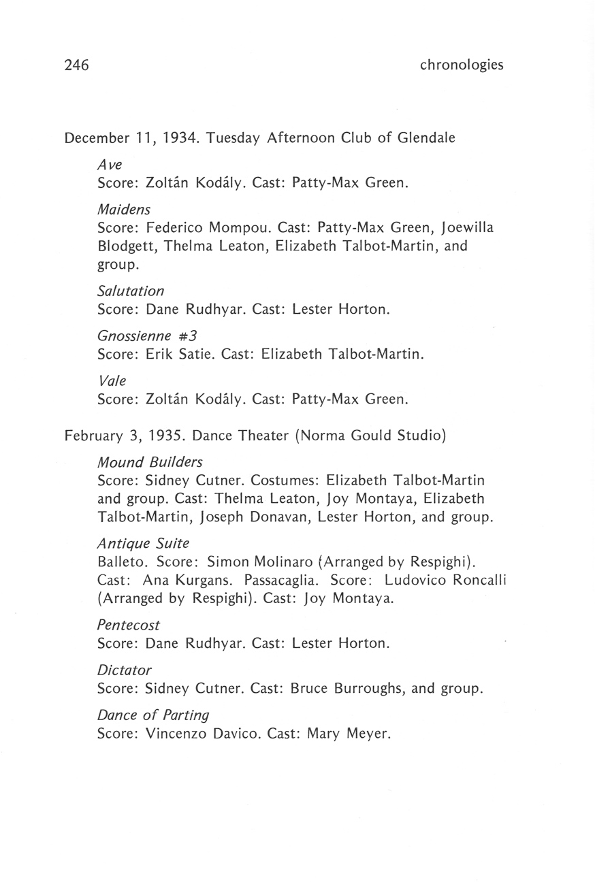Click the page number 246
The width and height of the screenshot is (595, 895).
click(77, 65)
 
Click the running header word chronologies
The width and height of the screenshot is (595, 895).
click(462, 65)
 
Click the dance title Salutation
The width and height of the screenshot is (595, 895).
click(131, 291)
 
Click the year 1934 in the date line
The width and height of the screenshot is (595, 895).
click(180, 139)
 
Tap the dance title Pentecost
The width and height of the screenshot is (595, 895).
click(129, 624)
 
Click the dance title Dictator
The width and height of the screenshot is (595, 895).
click(125, 670)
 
